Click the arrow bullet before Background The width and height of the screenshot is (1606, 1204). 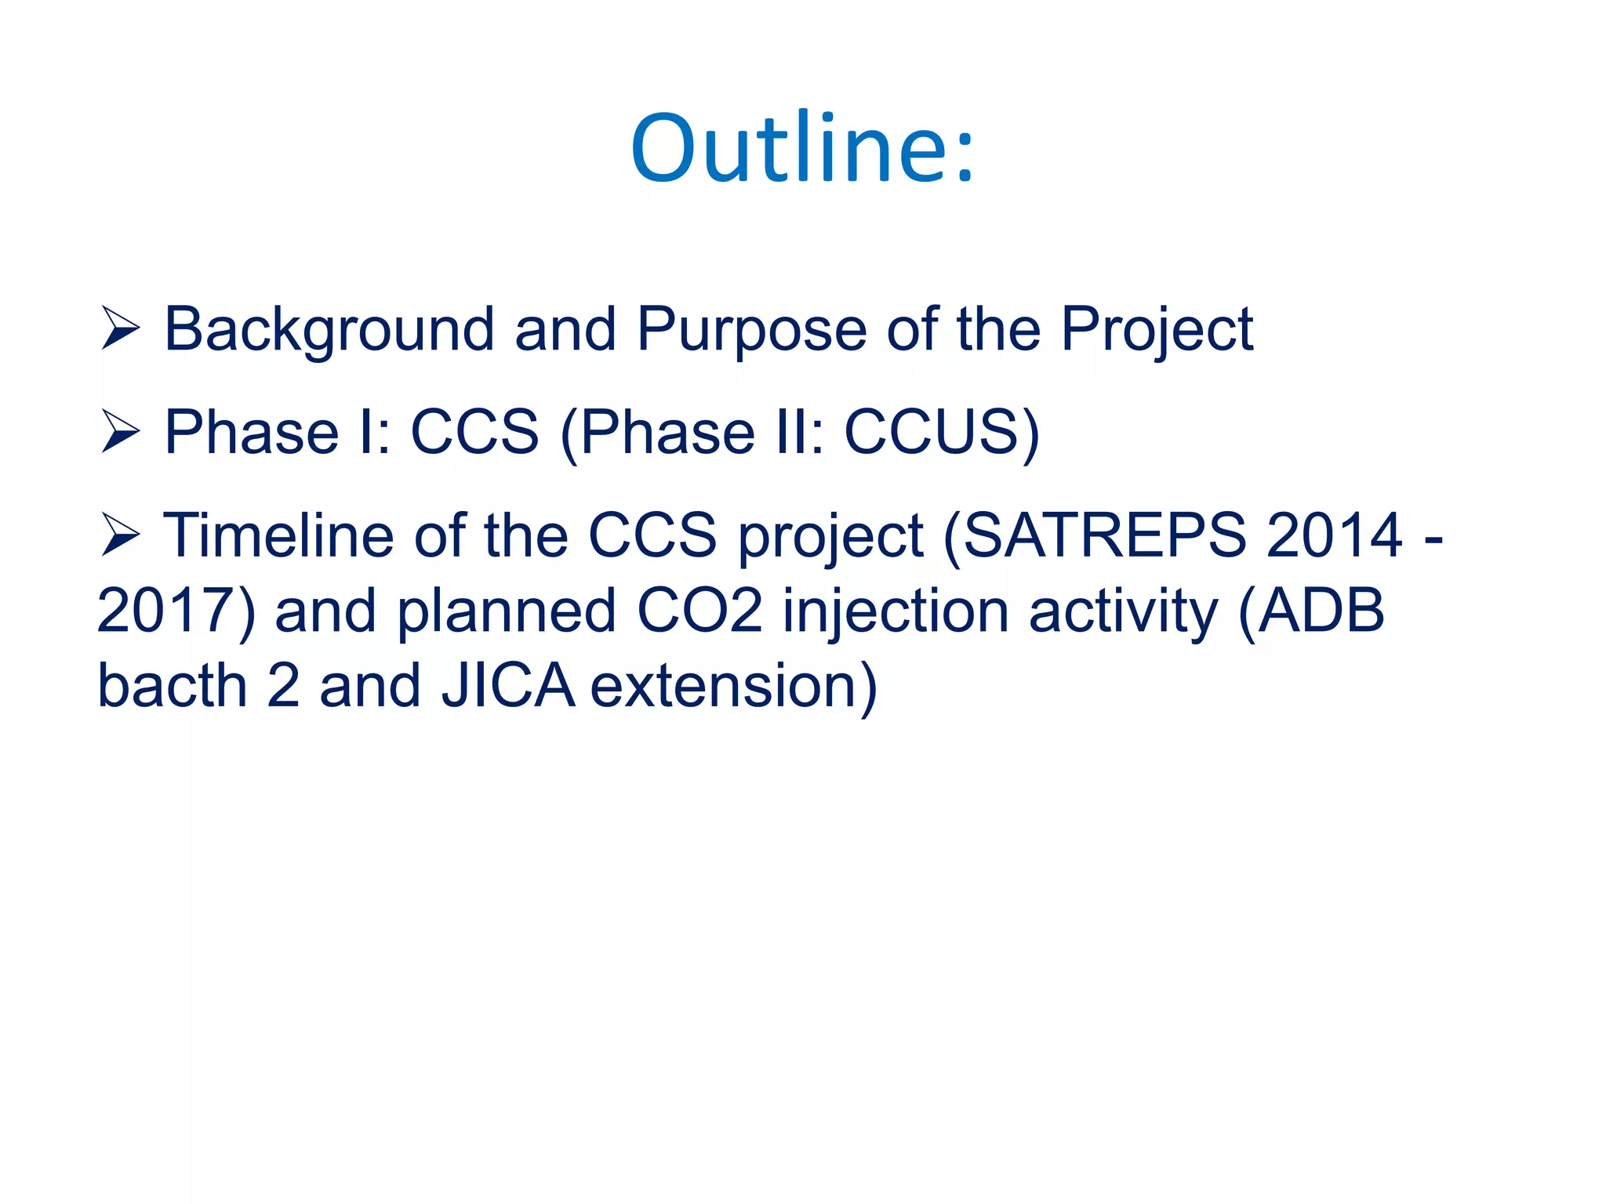pyautogui.click(x=120, y=329)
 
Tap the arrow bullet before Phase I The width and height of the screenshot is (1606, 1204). pyautogui.click(x=120, y=433)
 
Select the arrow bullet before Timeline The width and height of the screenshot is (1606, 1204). pyautogui.click(x=120, y=536)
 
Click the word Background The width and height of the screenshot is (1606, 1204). pyautogui.click(x=329, y=329)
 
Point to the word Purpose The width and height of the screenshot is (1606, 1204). pyautogui.click(x=750, y=329)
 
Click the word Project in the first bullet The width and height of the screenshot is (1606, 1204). pyautogui.click(x=1157, y=329)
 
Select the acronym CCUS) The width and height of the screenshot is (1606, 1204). pyautogui.click(x=942, y=433)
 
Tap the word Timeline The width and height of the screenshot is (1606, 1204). pyautogui.click(x=278, y=536)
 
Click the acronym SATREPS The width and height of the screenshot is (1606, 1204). pyautogui.click(x=1104, y=536)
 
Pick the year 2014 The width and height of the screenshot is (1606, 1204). pyautogui.click(x=1334, y=536)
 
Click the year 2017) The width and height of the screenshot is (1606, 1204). pyautogui.click(x=176, y=611)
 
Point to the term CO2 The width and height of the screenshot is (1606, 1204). pyautogui.click(x=699, y=611)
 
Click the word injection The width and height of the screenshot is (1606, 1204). pyautogui.click(x=896, y=611)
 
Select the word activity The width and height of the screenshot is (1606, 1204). pyautogui.click(x=1124, y=611)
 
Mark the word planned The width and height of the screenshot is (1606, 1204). pyautogui.click(x=507, y=611)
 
